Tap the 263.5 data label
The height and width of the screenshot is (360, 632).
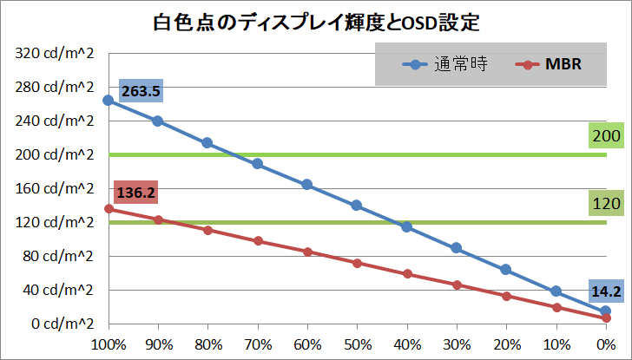[x=141, y=90]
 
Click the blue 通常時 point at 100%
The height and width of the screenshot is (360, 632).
[x=108, y=101]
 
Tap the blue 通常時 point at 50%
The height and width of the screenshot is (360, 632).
[x=357, y=206]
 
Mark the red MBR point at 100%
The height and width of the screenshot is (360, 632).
[x=108, y=208]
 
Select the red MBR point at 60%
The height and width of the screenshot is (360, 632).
[x=307, y=252]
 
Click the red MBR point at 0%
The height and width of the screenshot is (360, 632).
[x=606, y=318]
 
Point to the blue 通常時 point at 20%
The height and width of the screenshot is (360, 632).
[x=506, y=270]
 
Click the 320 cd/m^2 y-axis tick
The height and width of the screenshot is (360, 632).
[x=54, y=53]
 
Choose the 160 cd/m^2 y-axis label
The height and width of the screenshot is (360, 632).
[x=54, y=188]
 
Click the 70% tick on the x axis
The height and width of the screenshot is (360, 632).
[x=257, y=344]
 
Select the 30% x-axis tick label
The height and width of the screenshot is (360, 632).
[x=457, y=344]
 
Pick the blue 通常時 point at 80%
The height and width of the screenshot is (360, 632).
[x=207, y=143]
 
